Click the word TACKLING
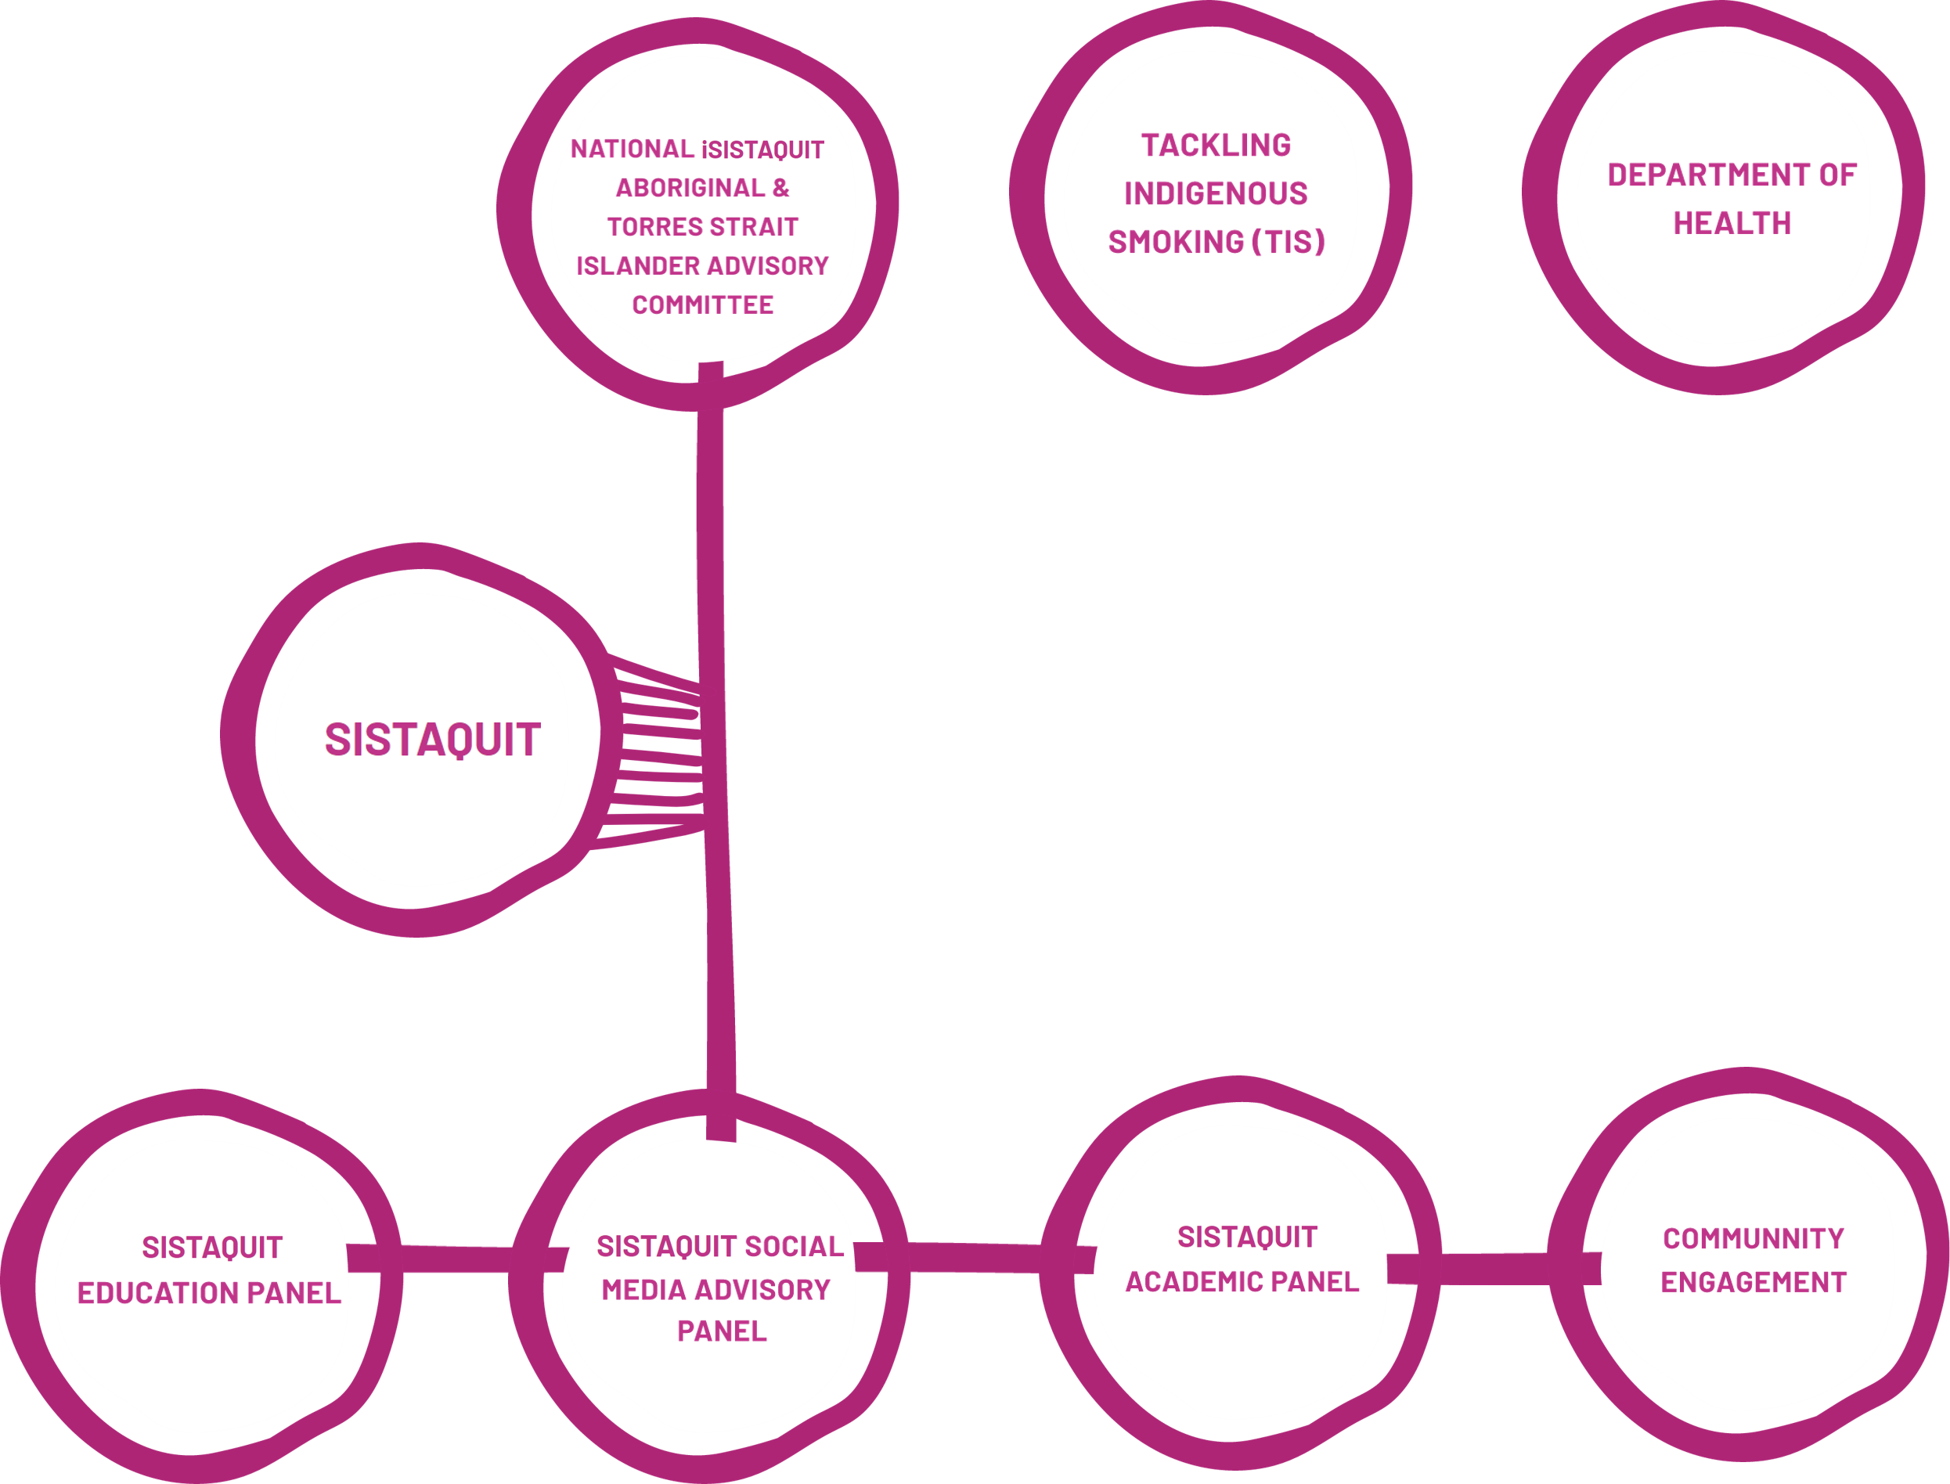coord(1216,146)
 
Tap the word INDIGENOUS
coord(1216,193)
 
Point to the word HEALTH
coord(1732,225)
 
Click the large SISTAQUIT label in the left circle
coord(432,740)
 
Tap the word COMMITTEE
coord(702,305)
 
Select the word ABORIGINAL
coord(690,188)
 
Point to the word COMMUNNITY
coord(1753,1239)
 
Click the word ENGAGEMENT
coord(1753,1283)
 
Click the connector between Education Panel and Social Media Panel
coord(455,1259)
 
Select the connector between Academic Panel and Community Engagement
coord(1493,1270)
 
